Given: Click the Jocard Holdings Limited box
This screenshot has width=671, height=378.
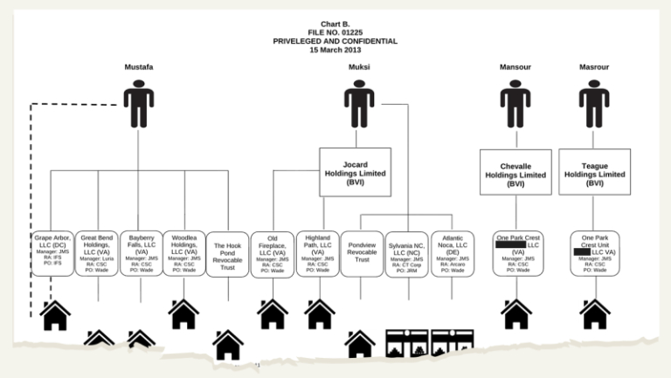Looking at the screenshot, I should click(355, 172).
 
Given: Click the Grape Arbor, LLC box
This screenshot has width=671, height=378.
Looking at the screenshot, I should click(52, 253).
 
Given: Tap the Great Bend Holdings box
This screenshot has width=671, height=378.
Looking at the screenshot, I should click(97, 253).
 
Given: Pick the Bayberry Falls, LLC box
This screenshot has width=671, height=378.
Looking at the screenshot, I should click(141, 253).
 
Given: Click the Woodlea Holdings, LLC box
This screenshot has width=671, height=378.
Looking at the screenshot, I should click(184, 253).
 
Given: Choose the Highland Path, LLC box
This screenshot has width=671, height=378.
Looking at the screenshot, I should click(317, 253).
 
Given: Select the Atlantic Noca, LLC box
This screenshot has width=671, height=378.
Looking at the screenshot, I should click(452, 253).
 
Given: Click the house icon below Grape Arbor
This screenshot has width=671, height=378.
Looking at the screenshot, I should click(55, 315).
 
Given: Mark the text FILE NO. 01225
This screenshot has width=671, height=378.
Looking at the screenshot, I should click(335, 31).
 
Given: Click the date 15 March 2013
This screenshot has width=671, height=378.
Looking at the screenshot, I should click(335, 51).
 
